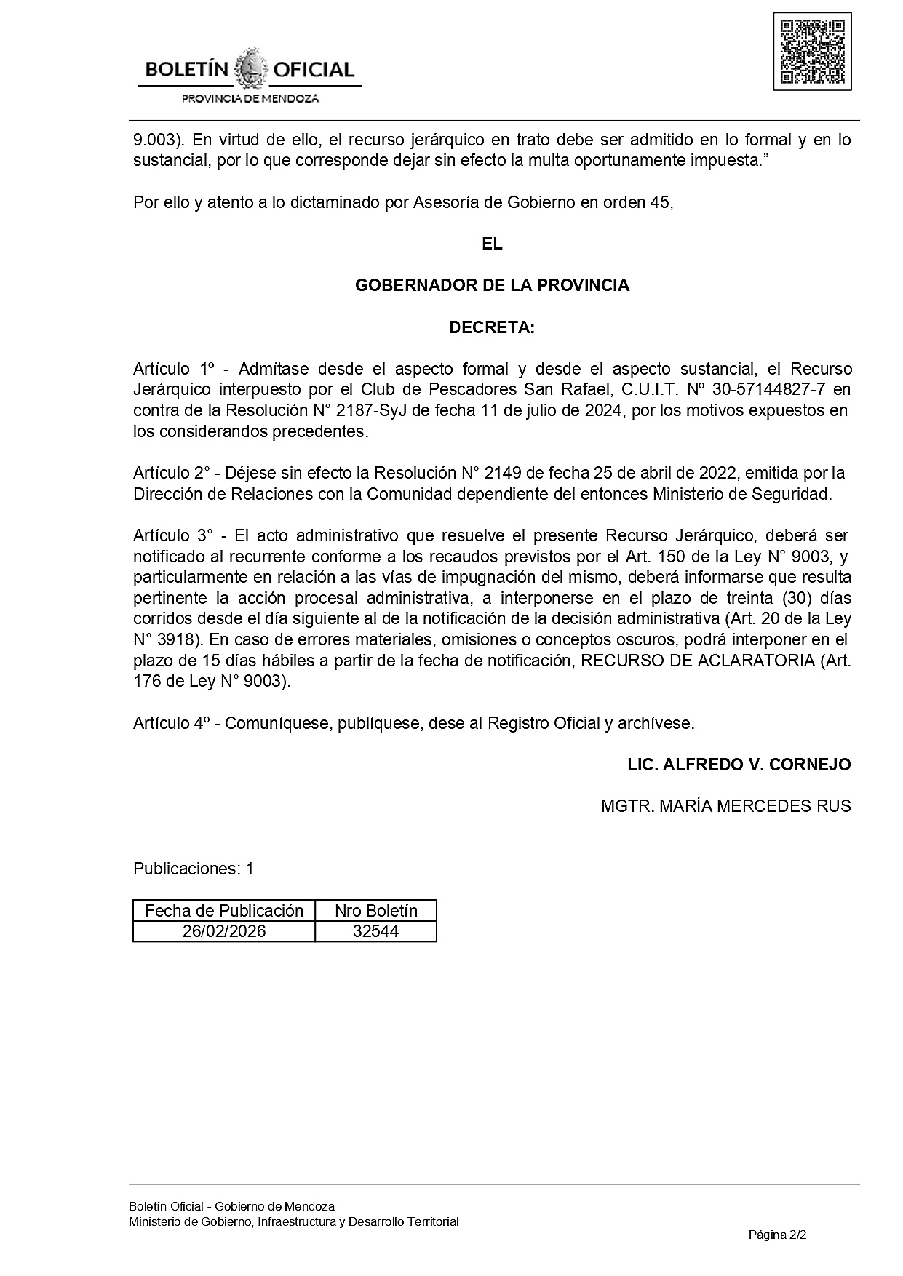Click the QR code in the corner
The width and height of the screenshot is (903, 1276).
point(812,52)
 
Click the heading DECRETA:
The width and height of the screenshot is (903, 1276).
point(492,328)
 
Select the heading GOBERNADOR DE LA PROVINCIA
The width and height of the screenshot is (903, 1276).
point(492,286)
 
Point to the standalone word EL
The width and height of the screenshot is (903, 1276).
point(492,244)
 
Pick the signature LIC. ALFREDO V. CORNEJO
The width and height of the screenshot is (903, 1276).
point(739,765)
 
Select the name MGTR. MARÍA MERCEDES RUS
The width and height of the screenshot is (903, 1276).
point(725,806)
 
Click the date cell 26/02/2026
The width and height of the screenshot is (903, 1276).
point(224,931)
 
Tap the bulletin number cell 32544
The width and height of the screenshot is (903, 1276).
point(375,931)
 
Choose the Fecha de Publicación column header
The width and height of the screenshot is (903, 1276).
point(224,911)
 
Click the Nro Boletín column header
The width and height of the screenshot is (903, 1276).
point(375,911)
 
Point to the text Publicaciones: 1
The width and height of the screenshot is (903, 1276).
point(194,869)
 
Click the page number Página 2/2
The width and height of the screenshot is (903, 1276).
point(778,1235)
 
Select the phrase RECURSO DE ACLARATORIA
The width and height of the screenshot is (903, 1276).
point(697,661)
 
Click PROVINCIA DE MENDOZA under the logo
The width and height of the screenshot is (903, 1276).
point(250,98)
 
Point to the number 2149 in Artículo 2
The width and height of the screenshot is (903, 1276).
point(503,474)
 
